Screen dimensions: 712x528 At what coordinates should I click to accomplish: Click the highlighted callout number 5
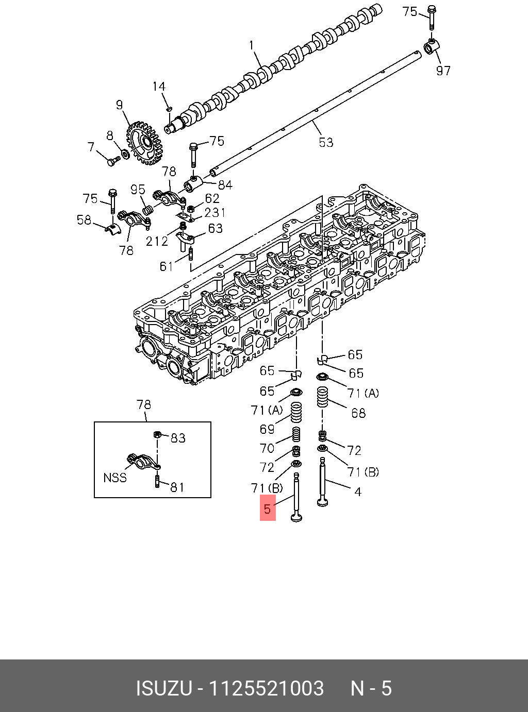267,508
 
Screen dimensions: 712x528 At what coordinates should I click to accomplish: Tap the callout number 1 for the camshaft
252,46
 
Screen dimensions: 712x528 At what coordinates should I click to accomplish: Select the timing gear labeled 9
144,143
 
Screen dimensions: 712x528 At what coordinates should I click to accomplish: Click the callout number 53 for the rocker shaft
326,142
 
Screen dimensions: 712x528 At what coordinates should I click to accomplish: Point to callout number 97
443,71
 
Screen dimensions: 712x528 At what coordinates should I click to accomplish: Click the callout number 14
159,87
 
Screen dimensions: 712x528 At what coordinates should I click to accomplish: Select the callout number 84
225,185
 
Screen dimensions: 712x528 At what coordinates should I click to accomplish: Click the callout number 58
84,220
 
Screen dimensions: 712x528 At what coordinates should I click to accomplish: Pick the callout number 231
214,212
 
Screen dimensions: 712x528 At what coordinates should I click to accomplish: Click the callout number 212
157,241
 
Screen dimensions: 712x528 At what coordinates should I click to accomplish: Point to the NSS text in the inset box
115,478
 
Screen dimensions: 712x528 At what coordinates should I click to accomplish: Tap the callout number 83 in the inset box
178,438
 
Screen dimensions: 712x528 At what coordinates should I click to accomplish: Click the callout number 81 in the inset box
177,487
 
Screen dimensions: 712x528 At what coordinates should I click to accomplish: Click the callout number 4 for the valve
358,491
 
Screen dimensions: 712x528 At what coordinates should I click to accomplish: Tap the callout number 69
267,429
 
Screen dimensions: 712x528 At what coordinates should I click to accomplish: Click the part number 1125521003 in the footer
266,688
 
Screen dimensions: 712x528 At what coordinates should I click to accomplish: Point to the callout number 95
138,190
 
